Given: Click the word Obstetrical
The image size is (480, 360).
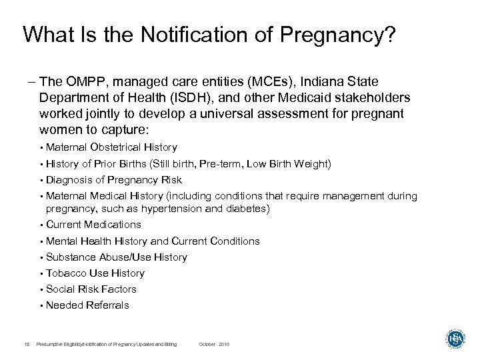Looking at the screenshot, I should point(114,147).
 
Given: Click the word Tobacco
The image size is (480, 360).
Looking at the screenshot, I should point(65,273).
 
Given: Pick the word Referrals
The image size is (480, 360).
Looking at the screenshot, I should point(107,305).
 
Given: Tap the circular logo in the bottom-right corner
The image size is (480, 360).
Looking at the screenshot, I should point(455,339).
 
